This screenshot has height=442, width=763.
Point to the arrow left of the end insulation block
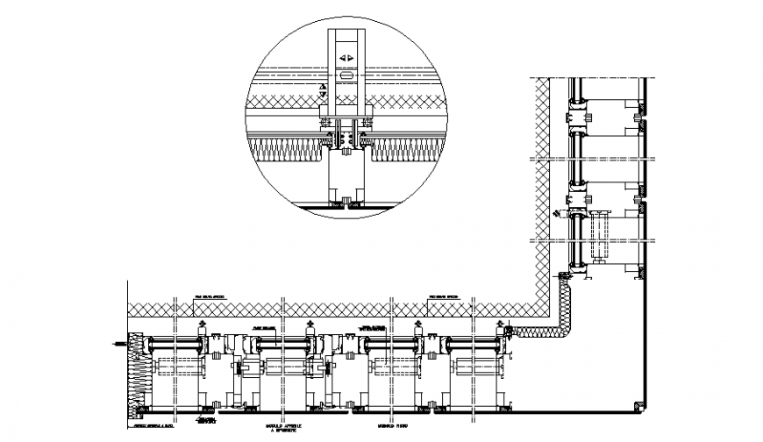pos(117,344)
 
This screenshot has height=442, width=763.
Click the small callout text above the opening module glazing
pos(265,327)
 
